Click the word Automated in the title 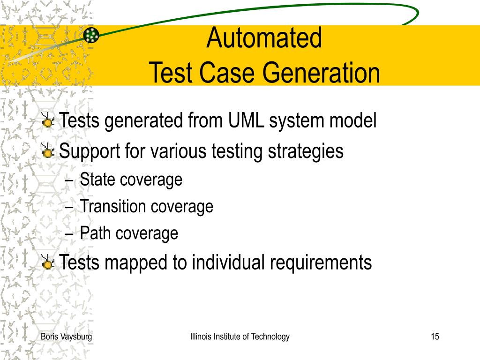pos(264,38)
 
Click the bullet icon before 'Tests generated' pos(48,122)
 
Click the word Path pos(95,233)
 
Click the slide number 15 pos(435,336)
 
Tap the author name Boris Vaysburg pos(66,337)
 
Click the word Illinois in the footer pos(201,336)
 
